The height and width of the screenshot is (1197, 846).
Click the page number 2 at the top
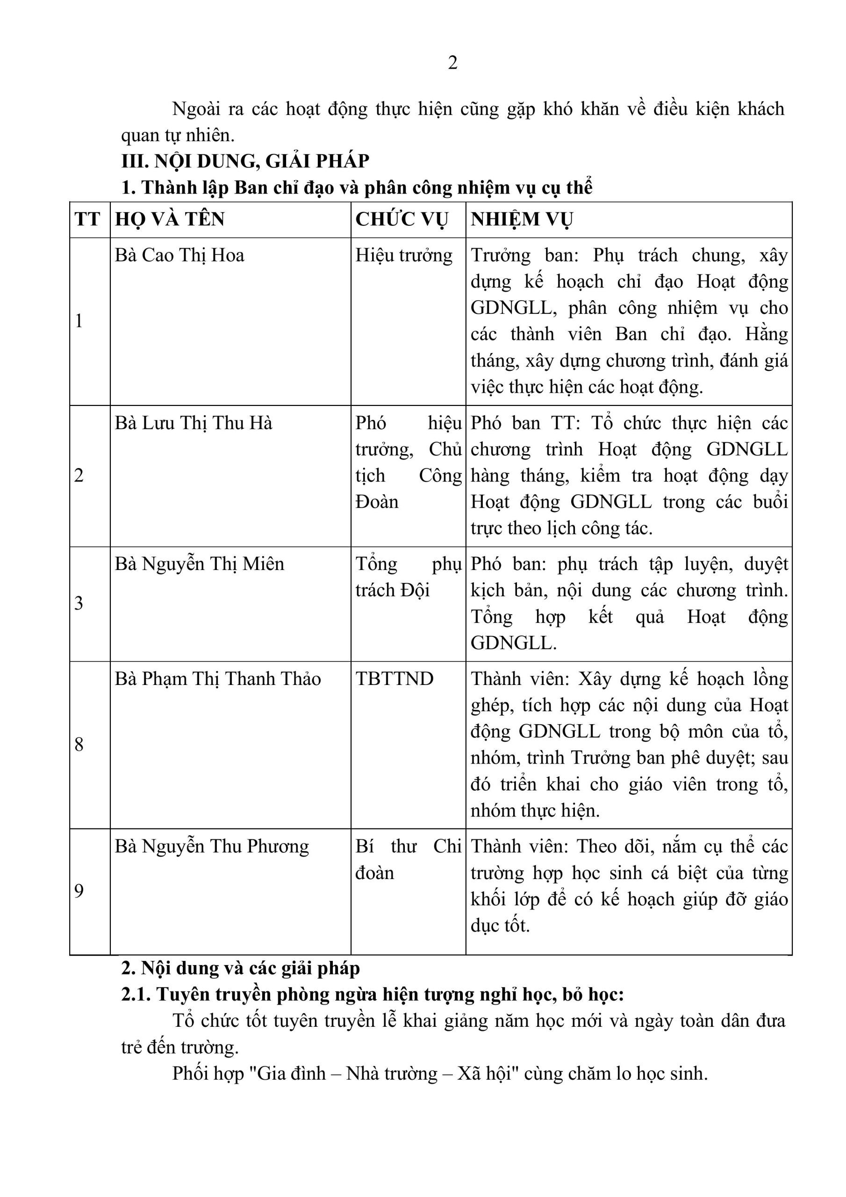452,63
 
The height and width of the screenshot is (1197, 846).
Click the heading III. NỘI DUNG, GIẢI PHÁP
245,161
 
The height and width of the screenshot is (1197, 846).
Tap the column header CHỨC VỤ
401,219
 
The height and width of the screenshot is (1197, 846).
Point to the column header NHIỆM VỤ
522,219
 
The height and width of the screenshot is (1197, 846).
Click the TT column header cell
87,219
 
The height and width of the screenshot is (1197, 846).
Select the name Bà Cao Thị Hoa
179,255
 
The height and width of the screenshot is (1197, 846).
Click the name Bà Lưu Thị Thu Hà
194,423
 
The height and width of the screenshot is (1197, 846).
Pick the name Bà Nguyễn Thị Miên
199,564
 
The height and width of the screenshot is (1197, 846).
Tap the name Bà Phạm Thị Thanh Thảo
217,679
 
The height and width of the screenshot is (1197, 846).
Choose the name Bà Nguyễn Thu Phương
212,846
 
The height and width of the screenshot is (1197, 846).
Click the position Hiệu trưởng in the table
404,255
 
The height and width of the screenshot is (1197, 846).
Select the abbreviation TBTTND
394,679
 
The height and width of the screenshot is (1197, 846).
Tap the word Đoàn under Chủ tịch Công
376,502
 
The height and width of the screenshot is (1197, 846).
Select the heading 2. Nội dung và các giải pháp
240,968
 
